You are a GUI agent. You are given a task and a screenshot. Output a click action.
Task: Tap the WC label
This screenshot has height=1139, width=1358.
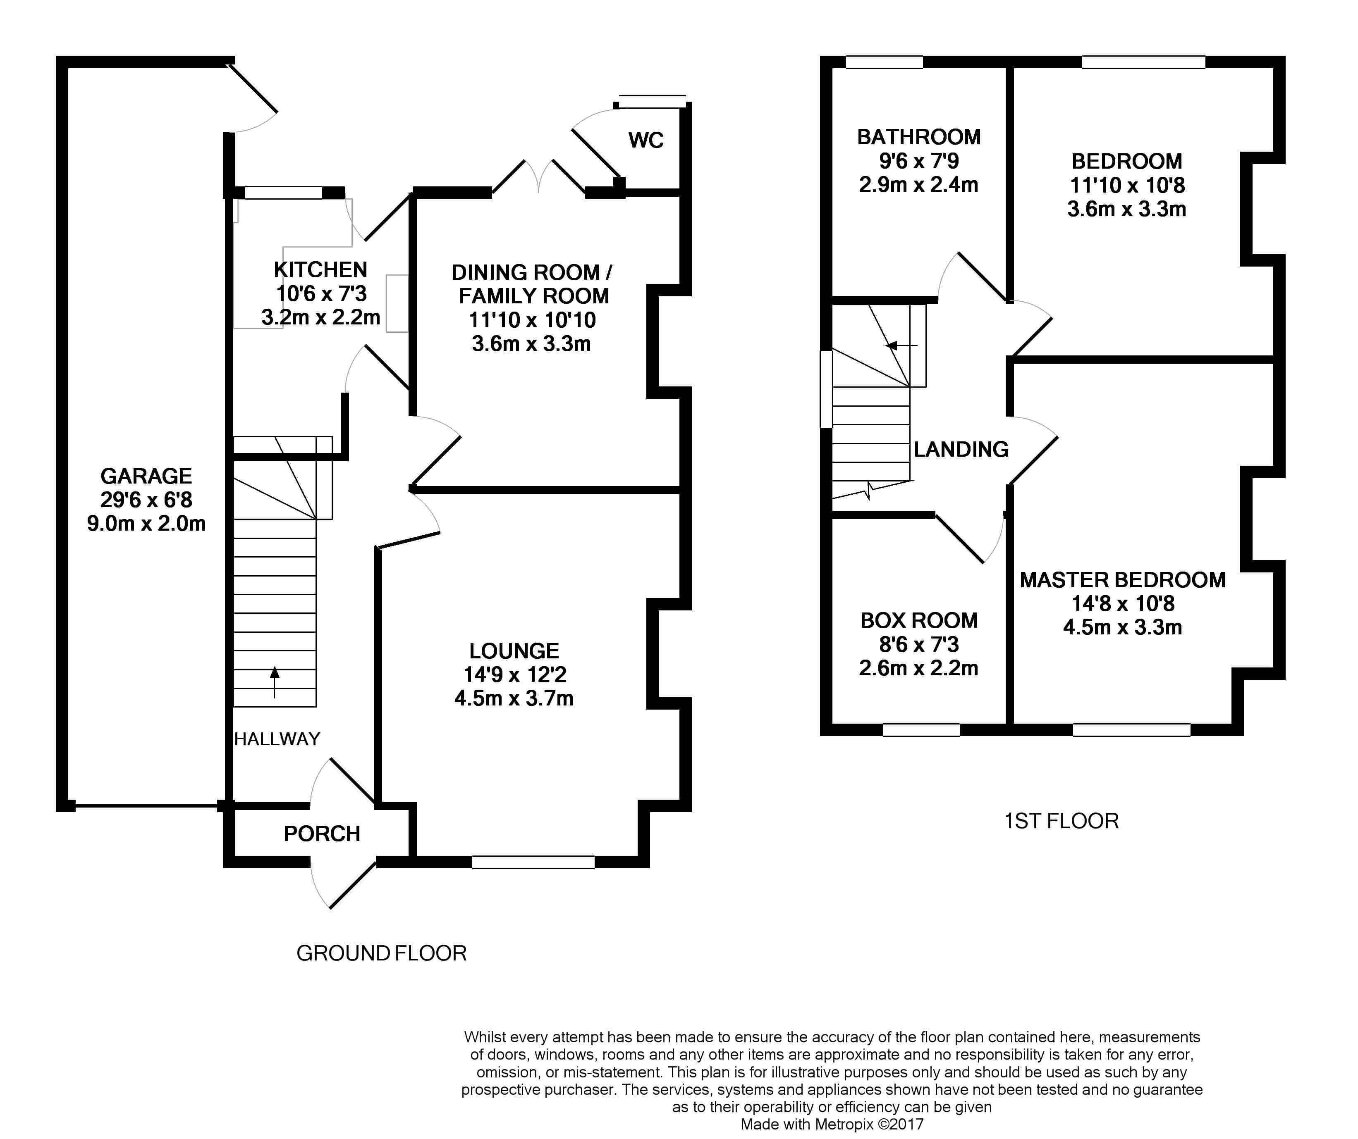point(646,140)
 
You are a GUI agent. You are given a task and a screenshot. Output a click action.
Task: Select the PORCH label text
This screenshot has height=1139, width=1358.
point(321,834)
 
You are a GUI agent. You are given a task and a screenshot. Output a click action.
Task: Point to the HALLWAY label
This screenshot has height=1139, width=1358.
point(277,739)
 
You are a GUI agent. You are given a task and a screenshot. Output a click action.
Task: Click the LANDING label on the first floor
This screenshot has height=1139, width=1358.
point(961,449)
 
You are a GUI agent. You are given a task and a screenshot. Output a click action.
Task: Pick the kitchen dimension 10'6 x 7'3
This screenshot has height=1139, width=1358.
point(321,293)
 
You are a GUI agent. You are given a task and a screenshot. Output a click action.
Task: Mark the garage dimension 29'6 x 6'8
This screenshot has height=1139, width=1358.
point(146,500)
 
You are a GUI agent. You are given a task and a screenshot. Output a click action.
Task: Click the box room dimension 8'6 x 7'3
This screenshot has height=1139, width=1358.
point(918,644)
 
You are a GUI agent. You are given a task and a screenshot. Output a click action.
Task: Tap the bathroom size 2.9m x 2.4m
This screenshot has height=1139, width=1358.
point(918,185)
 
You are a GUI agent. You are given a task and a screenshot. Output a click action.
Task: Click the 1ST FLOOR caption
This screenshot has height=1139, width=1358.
point(1061,821)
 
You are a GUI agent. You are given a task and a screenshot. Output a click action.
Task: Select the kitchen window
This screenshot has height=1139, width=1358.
point(283,193)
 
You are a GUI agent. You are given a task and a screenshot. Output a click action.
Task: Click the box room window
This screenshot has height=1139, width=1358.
point(921,730)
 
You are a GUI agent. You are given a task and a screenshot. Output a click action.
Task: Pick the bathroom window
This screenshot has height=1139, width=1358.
point(884,62)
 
